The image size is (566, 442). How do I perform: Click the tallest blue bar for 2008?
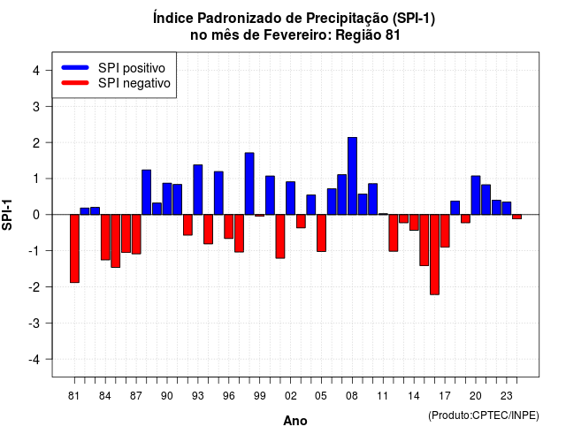pyautogui.click(x=352, y=176)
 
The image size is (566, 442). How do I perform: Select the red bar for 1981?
pyautogui.click(x=74, y=248)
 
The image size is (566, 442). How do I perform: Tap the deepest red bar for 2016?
pyautogui.click(x=434, y=255)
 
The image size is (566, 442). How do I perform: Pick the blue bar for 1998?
pyautogui.click(x=249, y=184)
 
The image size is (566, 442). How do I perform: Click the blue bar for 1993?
pyautogui.click(x=198, y=190)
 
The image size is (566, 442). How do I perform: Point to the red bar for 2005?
pyautogui.click(x=321, y=233)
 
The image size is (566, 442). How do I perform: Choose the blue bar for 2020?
pyautogui.click(x=476, y=195)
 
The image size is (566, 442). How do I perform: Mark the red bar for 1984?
pyautogui.click(x=105, y=237)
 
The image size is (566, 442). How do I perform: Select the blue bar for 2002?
pyautogui.click(x=291, y=198)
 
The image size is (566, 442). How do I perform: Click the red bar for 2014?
pyautogui.click(x=414, y=222)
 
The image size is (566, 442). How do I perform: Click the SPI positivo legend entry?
pyautogui.click(x=113, y=68)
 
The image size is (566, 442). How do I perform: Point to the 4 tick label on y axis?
pyautogui.click(x=36, y=71)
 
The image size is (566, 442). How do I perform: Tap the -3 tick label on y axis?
pyautogui.click(x=34, y=324)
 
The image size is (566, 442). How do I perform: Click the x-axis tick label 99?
pyautogui.click(x=259, y=396)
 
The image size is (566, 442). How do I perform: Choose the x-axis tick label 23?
pyautogui.click(x=507, y=396)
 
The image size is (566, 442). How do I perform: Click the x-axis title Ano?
pyautogui.click(x=295, y=421)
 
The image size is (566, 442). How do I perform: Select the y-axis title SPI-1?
pyautogui.click(x=7, y=215)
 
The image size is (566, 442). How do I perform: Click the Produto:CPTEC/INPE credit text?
pyautogui.click(x=484, y=415)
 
